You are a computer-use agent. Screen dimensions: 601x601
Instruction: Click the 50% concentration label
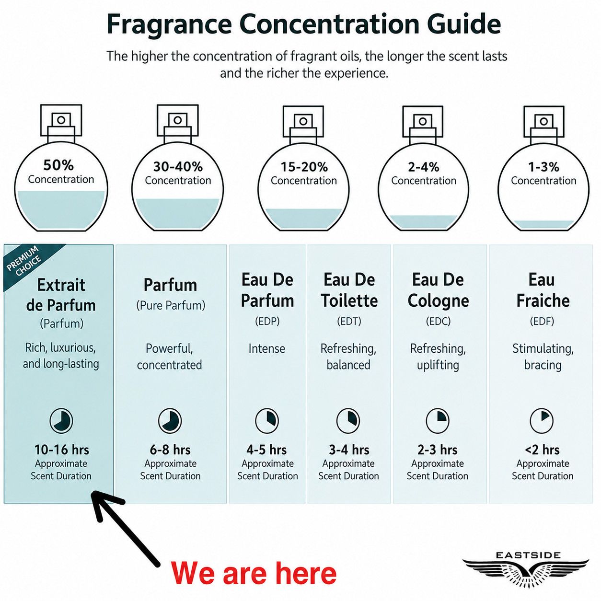pos(58,165)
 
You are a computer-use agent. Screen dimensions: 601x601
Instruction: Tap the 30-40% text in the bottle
pos(178,167)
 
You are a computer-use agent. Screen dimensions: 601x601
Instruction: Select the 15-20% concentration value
pos(304,167)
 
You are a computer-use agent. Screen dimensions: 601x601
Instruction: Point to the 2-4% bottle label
pos(424,167)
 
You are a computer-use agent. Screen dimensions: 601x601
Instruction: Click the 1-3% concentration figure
pos(543,167)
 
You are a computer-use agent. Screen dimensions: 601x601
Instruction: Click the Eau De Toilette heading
pos(349,290)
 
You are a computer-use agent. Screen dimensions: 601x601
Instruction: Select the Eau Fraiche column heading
pos(543,290)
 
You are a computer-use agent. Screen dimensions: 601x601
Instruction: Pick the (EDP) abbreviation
pos(267,321)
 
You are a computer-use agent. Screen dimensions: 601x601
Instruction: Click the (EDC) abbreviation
pos(438,321)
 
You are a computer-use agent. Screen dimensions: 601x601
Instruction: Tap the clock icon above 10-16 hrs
pos(61,421)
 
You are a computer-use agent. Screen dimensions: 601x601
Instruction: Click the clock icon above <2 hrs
pos(542,421)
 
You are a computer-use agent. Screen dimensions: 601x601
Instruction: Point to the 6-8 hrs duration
pos(170,450)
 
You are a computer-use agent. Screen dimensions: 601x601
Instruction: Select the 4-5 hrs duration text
pos(266,450)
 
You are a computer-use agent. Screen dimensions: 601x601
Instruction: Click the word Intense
pos(266,349)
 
